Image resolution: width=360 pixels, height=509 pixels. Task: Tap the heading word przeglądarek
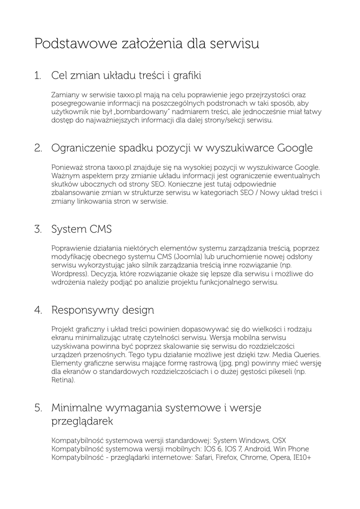[82, 422]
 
